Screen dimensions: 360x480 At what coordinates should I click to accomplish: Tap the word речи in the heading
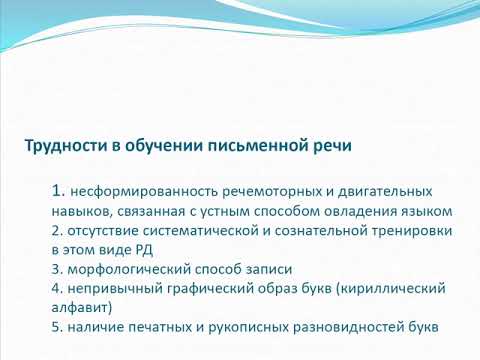click(x=327, y=145)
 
